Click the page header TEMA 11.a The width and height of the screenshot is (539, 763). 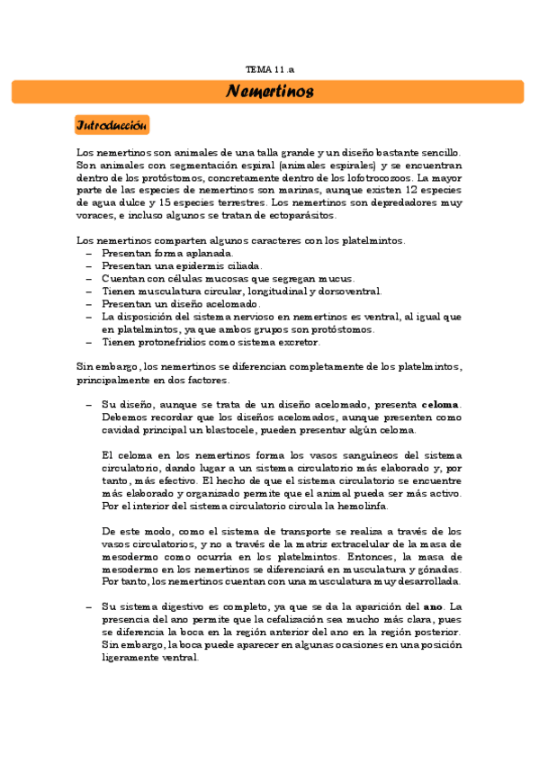click(x=269, y=69)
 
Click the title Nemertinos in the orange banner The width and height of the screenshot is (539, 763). click(x=269, y=92)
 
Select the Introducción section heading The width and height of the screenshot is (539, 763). click(x=112, y=125)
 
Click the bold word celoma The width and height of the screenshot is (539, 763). click(x=440, y=405)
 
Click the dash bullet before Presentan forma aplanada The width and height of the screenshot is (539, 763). click(x=88, y=254)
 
